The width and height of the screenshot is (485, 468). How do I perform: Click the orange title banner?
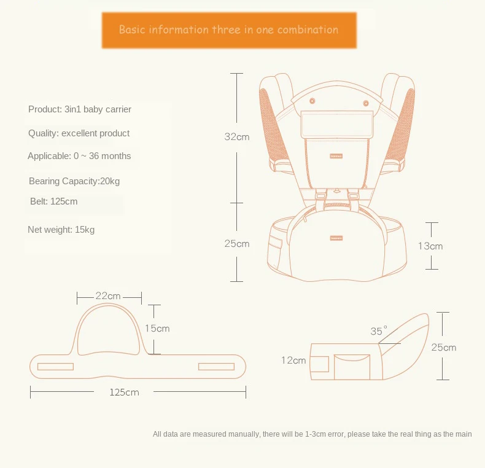(x=228, y=29)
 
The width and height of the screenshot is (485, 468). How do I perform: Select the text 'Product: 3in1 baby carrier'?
(x=80, y=109)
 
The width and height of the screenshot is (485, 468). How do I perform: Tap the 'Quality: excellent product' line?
(x=79, y=133)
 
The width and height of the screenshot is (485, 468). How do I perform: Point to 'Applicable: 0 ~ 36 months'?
(x=79, y=156)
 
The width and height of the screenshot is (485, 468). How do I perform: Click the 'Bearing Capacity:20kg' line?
(x=74, y=181)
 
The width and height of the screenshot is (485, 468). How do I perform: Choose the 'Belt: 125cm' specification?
(x=54, y=201)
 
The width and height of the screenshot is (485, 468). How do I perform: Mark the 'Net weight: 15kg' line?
(x=61, y=230)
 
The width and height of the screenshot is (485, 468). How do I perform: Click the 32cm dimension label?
(x=236, y=137)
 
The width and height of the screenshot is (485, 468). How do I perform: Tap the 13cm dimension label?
(x=430, y=246)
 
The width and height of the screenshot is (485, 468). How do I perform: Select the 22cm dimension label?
(x=108, y=296)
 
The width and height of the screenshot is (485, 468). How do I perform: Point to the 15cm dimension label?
(x=157, y=329)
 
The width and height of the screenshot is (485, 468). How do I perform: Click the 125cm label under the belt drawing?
(x=125, y=392)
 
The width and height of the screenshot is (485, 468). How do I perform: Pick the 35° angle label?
(x=379, y=331)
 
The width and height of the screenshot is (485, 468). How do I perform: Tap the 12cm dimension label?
(x=293, y=361)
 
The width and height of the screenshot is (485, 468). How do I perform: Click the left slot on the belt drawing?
(x=55, y=367)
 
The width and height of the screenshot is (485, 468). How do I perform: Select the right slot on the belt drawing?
(x=216, y=367)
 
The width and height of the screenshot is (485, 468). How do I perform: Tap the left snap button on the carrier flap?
(x=312, y=100)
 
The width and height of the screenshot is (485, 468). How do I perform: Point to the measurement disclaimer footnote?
(x=312, y=434)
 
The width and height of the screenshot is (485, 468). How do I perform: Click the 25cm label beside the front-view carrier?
(x=236, y=244)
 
